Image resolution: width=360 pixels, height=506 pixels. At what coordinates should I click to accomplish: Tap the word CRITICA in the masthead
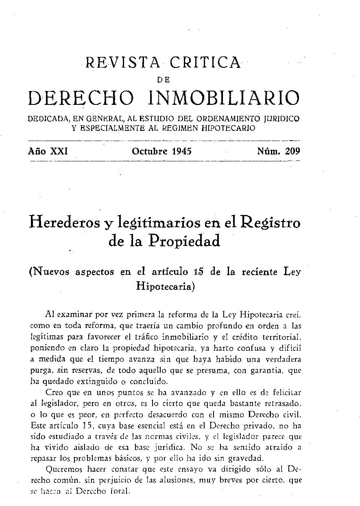206,63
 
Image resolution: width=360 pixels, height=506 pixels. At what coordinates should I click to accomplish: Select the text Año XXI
48,152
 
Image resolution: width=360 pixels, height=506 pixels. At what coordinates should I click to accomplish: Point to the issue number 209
292,152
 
